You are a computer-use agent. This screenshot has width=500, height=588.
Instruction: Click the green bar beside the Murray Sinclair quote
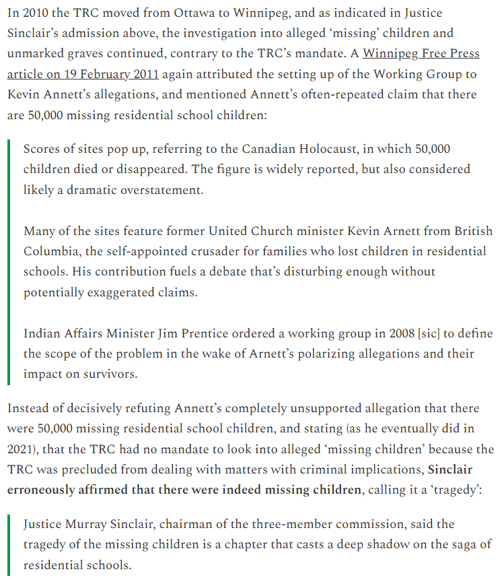[x=9, y=544]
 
